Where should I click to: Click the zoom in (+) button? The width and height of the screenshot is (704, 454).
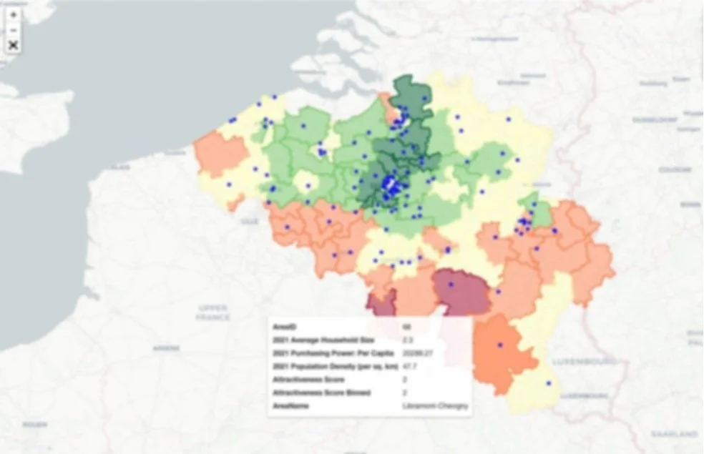tap(14, 14)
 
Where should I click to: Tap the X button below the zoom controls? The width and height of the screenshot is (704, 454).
tap(14, 46)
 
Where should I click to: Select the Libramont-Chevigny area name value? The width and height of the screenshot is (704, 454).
tap(436, 406)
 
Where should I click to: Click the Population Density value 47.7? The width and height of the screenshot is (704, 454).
tap(410, 366)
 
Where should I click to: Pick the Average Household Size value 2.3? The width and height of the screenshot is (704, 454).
tap(407, 340)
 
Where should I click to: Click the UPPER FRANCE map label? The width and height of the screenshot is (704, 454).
tap(214, 312)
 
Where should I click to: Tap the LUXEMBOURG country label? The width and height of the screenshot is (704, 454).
tap(593, 360)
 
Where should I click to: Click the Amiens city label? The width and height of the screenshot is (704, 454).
tap(166, 347)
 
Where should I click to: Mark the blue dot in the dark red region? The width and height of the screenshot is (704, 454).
tap(451, 285)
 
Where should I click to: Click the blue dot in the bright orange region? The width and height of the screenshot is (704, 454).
tap(500, 345)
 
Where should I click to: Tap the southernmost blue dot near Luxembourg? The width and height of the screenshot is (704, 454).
tap(549, 383)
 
